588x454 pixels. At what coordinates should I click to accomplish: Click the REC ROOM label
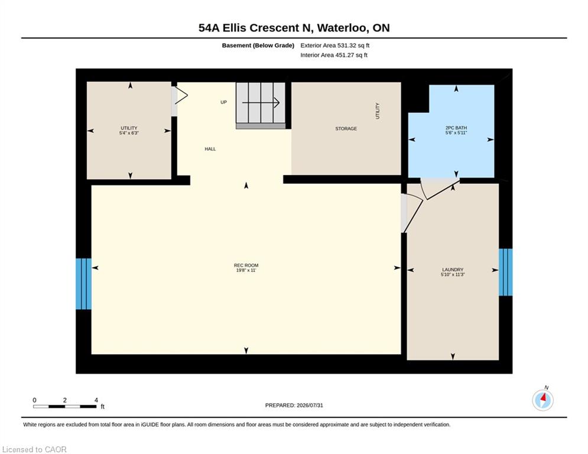pos(246,265)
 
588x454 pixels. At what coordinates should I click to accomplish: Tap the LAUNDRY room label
pos(453,270)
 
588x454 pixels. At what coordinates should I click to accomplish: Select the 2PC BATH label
pos(456,128)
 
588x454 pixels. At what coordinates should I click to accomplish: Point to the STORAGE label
pos(346,129)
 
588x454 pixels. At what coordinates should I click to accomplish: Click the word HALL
pos(210,149)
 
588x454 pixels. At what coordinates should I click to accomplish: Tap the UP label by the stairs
pos(223,102)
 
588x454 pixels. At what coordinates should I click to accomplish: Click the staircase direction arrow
pos(261,102)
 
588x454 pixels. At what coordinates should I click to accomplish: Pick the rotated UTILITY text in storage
pos(377,111)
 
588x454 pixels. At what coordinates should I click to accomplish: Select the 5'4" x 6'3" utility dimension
pos(129,133)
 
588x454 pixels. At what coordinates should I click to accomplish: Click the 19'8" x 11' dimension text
pos(246,270)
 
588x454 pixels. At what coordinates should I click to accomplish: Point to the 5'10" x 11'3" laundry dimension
pos(453,275)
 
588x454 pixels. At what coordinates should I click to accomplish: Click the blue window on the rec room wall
pos(84,284)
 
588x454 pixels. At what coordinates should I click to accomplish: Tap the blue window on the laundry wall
pos(505,272)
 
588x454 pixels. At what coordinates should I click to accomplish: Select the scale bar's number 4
pos(96,400)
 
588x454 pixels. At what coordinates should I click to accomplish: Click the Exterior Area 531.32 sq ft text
pos(335,46)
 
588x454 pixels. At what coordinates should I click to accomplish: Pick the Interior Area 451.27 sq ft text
pos(334,55)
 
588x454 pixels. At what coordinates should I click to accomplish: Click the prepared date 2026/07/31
pos(310,405)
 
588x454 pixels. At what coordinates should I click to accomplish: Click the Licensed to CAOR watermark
pos(34,449)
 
